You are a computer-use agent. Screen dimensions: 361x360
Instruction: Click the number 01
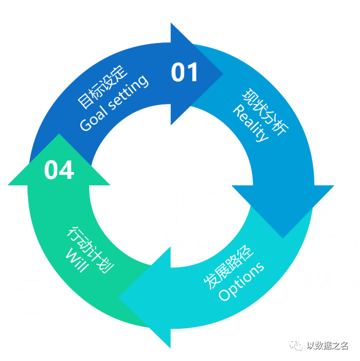coord(184,73)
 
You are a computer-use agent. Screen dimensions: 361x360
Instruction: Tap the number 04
coord(58,170)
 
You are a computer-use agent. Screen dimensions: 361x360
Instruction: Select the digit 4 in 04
coord(66,170)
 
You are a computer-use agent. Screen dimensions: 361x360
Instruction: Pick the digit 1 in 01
coord(192,73)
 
